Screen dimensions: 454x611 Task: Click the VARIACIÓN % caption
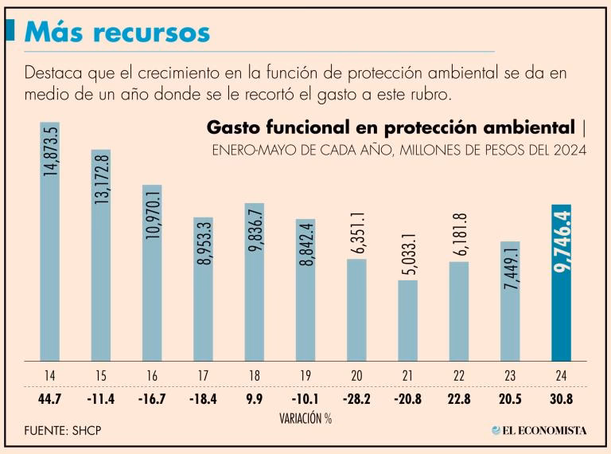pos(305,417)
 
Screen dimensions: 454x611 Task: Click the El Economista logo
pos(539,430)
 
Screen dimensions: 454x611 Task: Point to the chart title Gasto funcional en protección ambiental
pos(390,127)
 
